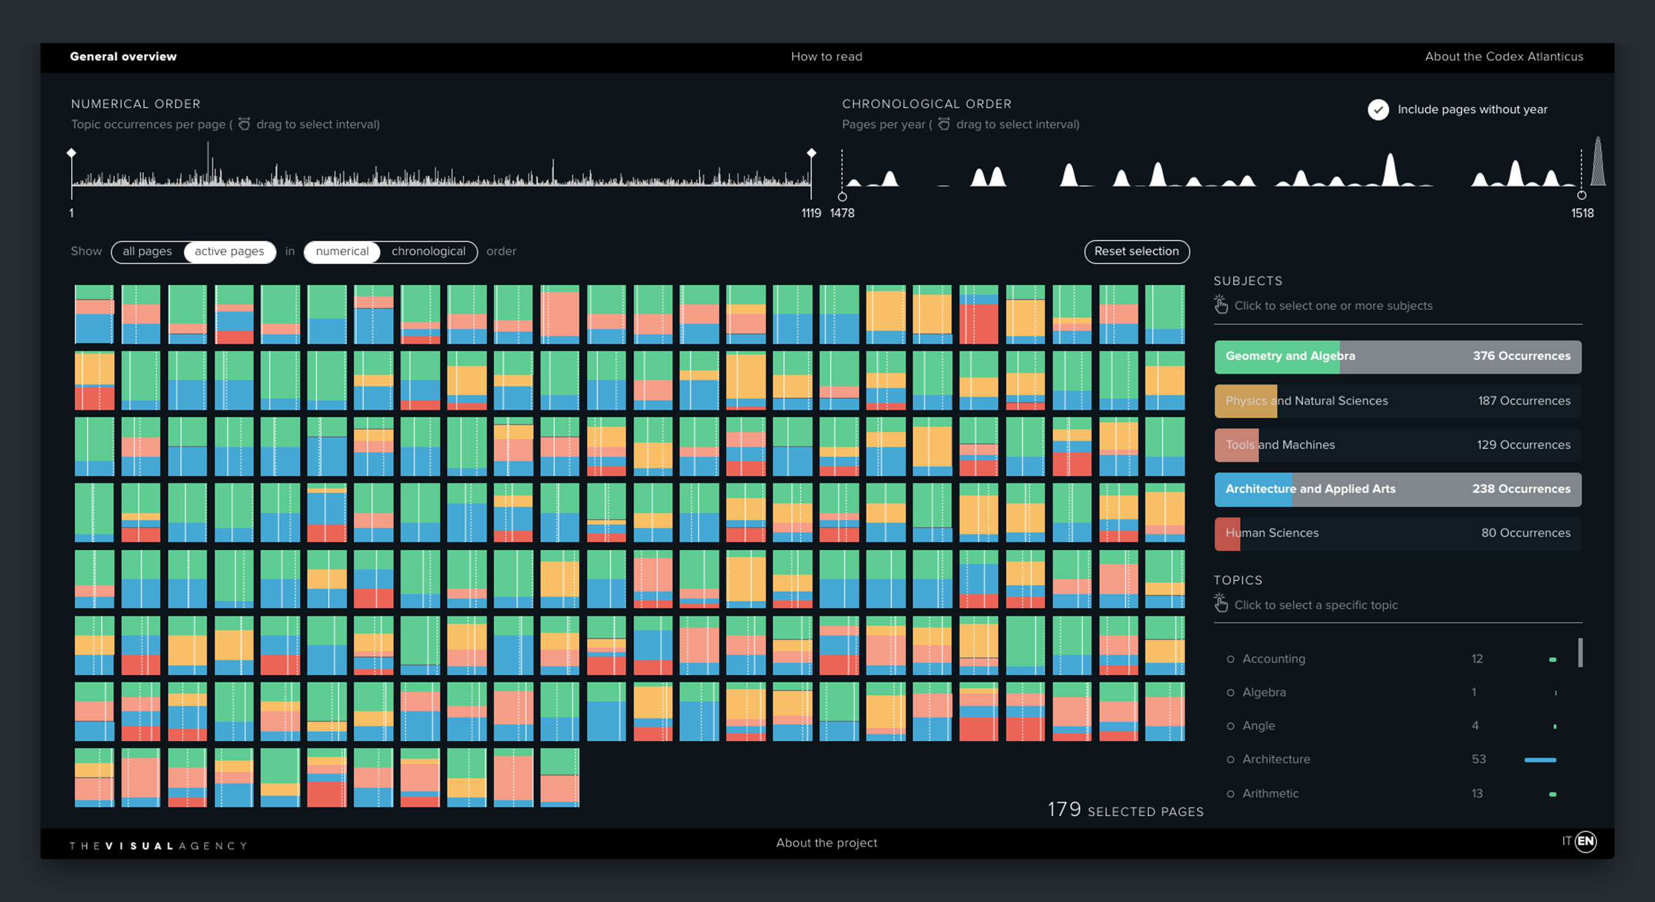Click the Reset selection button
click(1136, 251)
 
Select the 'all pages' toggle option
click(147, 251)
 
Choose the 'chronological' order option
click(428, 251)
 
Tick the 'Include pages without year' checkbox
click(1378, 110)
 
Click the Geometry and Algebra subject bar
click(1397, 357)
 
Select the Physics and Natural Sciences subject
click(1397, 401)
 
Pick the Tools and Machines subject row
click(1397, 445)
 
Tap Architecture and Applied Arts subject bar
click(1397, 489)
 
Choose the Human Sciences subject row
click(1397, 533)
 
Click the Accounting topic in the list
click(1273, 658)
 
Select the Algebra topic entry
click(1263, 692)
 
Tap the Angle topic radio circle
click(1231, 726)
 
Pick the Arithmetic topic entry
click(1270, 793)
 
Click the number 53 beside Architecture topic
click(1478, 760)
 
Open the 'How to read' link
click(826, 56)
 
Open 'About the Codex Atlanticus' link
click(1503, 56)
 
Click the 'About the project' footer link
click(826, 843)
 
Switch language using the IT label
click(1566, 841)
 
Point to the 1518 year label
click(1582, 214)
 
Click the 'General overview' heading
click(123, 56)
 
